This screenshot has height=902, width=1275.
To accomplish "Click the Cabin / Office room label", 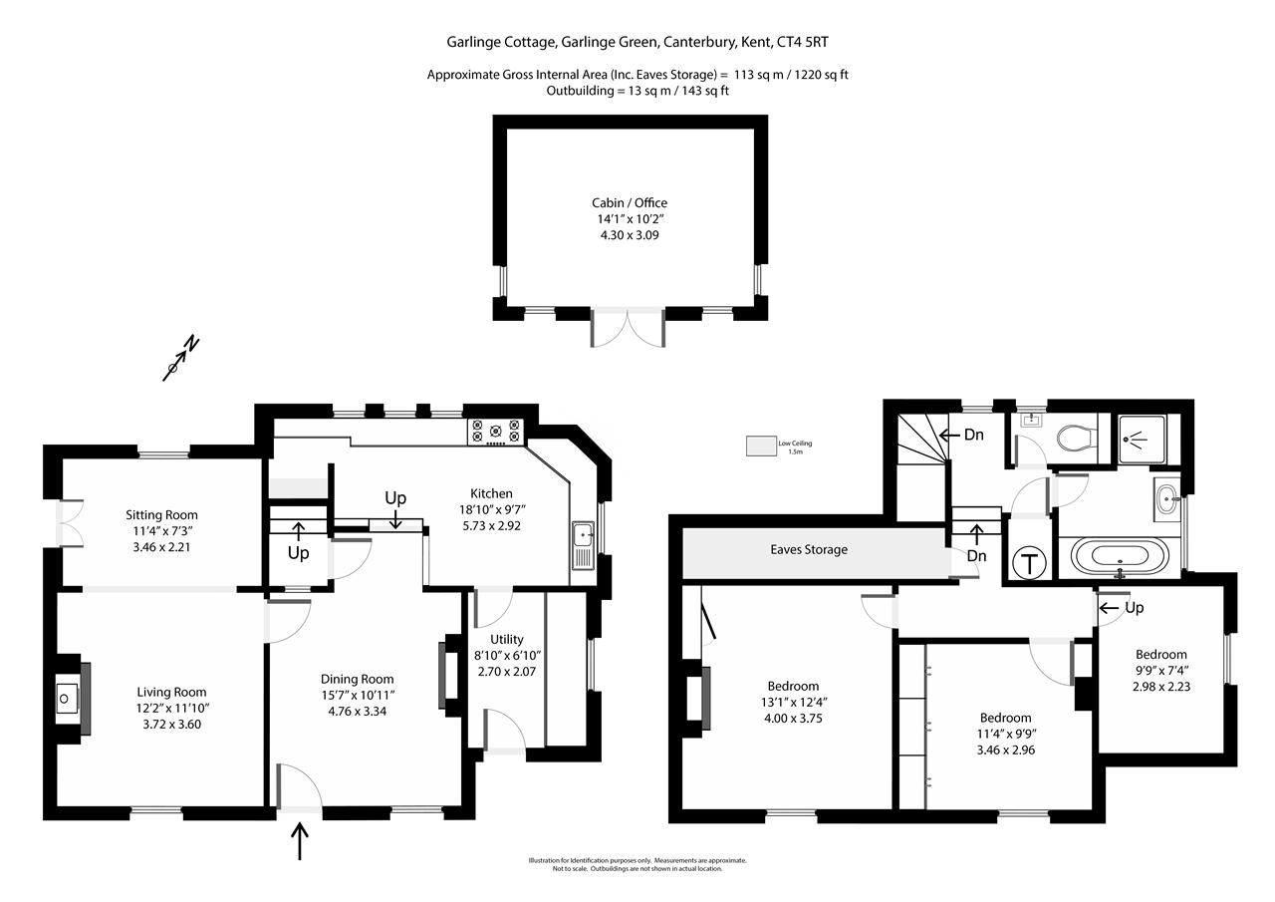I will point(630,203).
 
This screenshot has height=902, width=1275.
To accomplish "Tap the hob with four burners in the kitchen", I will point(495,431).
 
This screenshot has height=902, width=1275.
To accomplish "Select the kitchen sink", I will point(583,546).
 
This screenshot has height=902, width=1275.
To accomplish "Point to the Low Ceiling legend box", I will point(762,446).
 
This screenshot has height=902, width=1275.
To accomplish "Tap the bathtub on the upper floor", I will point(1121,556).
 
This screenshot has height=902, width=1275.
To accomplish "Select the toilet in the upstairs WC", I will point(1074,437).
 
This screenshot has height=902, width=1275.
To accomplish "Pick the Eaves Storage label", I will point(809,549).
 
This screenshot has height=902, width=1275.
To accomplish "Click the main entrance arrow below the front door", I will point(300,841).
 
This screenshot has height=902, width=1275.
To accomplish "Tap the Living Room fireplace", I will point(68,699).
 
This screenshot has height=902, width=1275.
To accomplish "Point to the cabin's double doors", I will point(628,328).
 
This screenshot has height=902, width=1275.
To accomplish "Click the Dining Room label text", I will point(358,680).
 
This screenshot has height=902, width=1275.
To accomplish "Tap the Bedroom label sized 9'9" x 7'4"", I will point(1160,655).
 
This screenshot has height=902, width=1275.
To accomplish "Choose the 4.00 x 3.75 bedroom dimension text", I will point(794,718).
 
